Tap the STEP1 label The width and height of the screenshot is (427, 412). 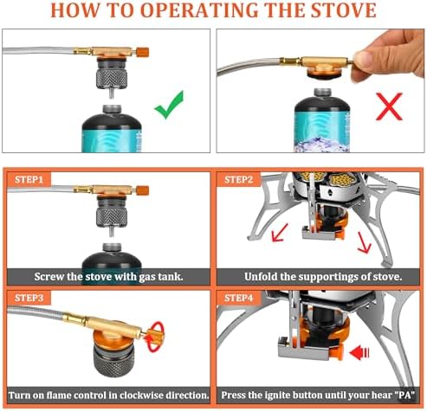pyautogui.click(x=32, y=179)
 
